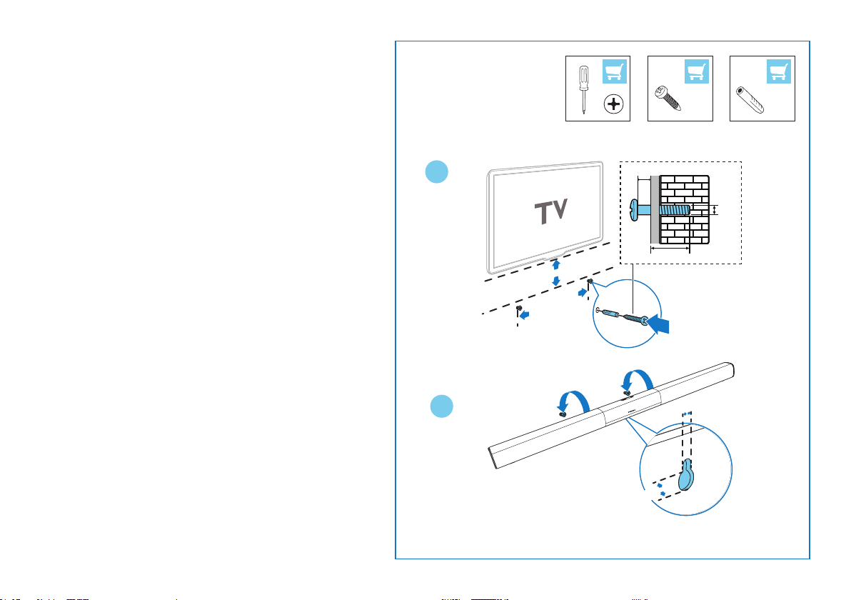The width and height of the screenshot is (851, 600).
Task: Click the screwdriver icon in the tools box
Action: coord(583,89)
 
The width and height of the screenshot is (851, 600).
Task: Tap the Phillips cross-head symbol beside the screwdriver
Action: coord(613,104)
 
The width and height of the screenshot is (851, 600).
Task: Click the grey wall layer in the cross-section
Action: coord(654,210)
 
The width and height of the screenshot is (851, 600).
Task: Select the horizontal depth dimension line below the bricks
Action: coord(670,249)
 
